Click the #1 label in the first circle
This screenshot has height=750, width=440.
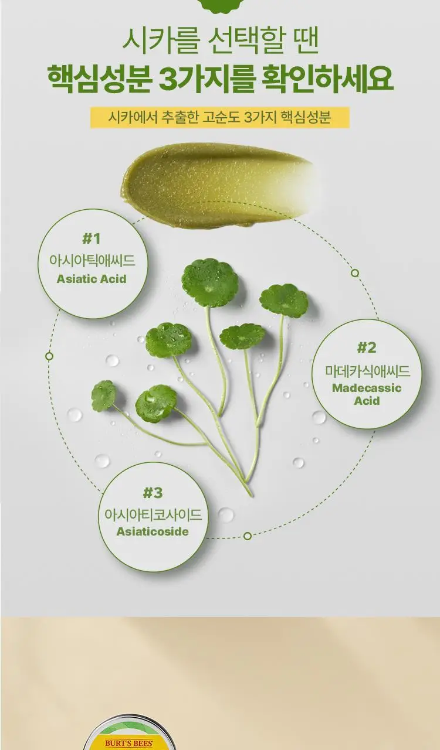point(91,239)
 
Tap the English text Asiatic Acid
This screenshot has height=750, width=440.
point(92,279)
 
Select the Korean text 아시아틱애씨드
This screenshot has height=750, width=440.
point(92,260)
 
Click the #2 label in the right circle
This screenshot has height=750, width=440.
point(367,348)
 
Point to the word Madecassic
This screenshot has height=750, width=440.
point(367,388)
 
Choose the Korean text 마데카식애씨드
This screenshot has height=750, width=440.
point(367,371)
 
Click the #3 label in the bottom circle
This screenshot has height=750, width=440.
point(153,493)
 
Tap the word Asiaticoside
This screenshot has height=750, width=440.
point(153,531)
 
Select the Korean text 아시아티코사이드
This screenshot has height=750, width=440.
point(153,514)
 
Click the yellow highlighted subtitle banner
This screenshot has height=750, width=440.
point(220,118)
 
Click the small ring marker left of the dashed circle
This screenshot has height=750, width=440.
point(49,356)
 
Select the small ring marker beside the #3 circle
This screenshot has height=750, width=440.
point(248,536)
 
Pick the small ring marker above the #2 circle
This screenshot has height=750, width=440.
point(355,273)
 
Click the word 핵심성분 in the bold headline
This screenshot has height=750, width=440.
point(99,79)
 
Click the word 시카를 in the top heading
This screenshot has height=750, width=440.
point(161,42)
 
